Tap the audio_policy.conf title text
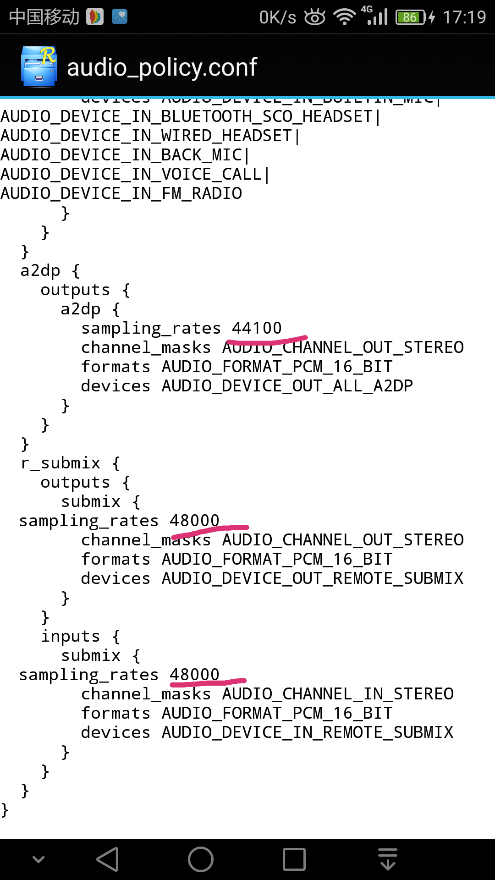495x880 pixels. tap(162, 67)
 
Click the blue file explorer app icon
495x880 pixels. tap(39, 66)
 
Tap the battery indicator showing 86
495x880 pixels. tap(411, 17)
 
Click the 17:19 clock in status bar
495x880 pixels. tap(464, 17)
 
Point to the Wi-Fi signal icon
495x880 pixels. tap(344, 17)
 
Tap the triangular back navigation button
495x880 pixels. tap(108, 859)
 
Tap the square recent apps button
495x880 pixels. tap(294, 859)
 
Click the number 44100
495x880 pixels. tap(257, 328)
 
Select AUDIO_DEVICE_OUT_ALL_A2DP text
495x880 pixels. tap(287, 386)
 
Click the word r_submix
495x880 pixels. tap(60, 463)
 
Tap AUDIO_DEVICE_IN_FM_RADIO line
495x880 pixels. tap(121, 193)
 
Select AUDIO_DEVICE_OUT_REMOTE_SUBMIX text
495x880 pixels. tap(313, 578)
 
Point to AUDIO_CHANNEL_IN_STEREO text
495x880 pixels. tap(338, 694)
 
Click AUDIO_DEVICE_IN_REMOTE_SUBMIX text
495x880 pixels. tap(308, 732)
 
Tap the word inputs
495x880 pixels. tap(71, 636)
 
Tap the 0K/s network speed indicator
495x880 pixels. tap(277, 17)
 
